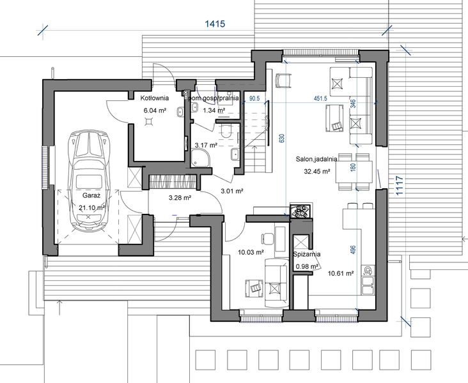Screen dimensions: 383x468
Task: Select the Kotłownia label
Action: pyautogui.click(x=153, y=99)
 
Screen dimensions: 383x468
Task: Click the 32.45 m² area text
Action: pyautogui.click(x=316, y=171)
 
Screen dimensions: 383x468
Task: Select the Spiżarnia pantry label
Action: pyautogui.click(x=307, y=254)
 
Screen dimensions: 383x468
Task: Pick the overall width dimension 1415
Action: pyautogui.click(x=215, y=24)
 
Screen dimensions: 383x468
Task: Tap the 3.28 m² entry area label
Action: pyautogui.click(x=181, y=198)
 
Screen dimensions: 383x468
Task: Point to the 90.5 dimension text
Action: pyautogui.click(x=254, y=99)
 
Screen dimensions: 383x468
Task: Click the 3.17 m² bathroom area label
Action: pyautogui.click(x=206, y=146)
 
